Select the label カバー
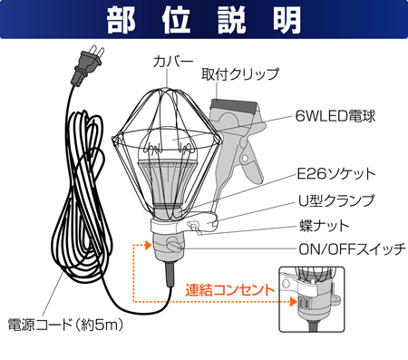[172, 63]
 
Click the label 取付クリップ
[239, 74]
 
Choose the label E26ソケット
[335, 173]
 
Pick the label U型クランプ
[335, 199]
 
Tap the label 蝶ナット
[323, 224]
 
